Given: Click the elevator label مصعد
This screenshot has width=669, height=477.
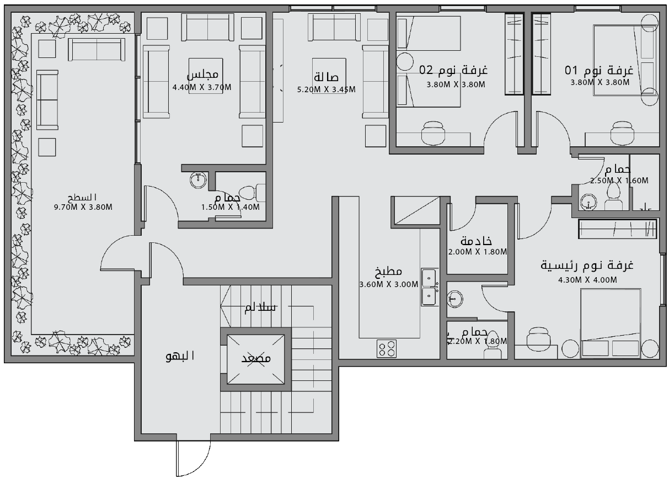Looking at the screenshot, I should [x=256, y=359].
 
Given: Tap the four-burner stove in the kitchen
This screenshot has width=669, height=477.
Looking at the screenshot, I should [x=386, y=348].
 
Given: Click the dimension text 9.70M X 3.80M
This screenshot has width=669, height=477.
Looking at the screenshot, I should [x=83, y=207].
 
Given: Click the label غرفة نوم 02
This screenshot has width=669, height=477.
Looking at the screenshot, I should [x=454, y=71].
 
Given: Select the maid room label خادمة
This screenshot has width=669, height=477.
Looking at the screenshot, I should [x=476, y=241].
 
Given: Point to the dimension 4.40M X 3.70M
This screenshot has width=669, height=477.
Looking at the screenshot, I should [x=201, y=87].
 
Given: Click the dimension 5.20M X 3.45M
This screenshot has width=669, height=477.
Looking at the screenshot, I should [x=326, y=89].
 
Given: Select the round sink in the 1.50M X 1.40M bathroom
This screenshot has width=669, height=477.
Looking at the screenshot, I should [x=198, y=179].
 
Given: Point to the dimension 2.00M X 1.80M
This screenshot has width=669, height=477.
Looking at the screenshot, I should [x=477, y=252].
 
